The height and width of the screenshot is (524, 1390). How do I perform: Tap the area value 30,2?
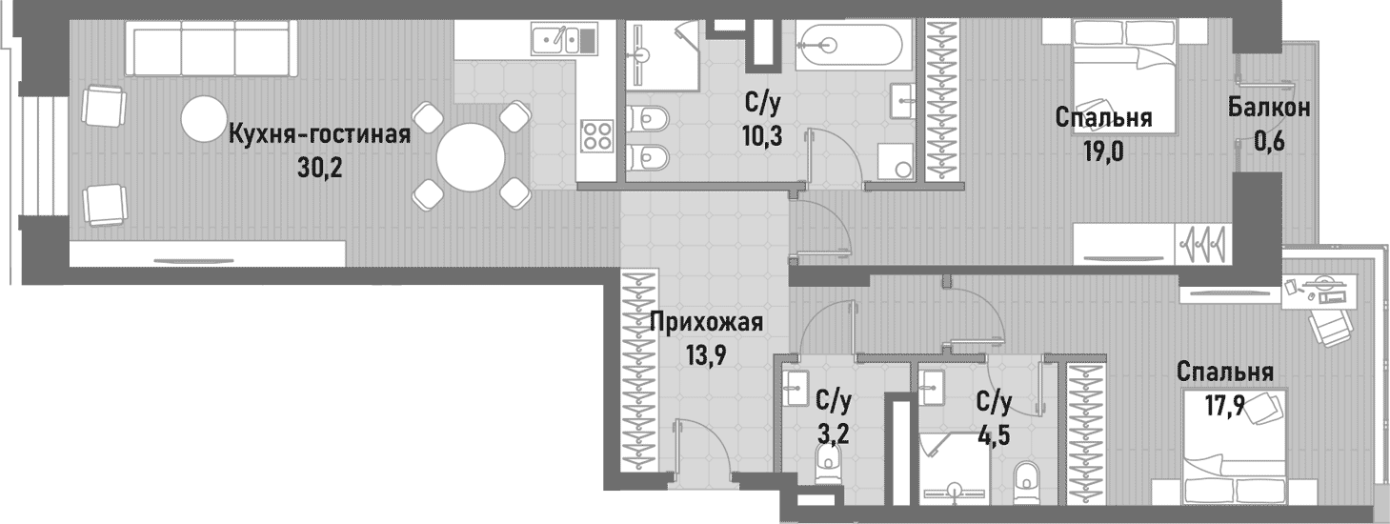[319, 169]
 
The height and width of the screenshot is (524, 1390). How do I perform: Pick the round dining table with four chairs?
[472, 156]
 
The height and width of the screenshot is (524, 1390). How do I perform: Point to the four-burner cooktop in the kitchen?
[597, 134]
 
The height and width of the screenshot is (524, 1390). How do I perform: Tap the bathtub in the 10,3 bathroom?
[848, 43]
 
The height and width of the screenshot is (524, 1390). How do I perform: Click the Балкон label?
[1268, 108]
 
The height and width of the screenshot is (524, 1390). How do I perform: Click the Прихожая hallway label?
[706, 322]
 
